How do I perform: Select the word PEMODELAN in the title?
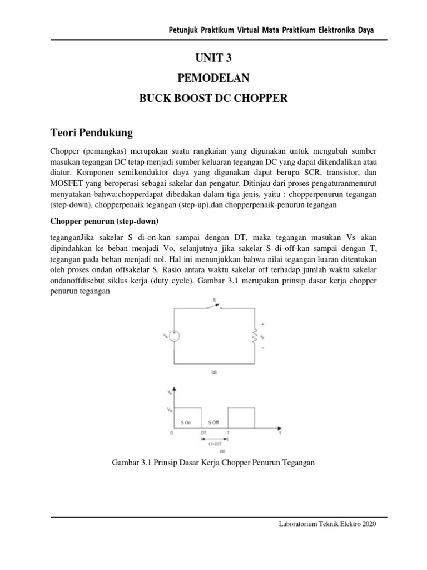(214, 78)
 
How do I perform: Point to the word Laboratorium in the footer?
(299, 524)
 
